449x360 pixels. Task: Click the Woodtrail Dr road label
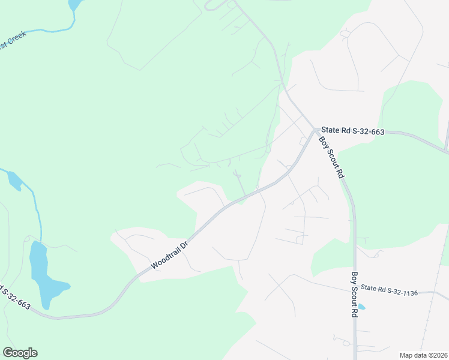pos(170,255)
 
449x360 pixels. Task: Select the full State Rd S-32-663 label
pos(352,130)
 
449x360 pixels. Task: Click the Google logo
pos(20,353)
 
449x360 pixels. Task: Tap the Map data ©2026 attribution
pos(424,355)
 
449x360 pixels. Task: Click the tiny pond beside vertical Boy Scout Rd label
pos(361,307)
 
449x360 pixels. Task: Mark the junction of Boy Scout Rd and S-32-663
pos(315,129)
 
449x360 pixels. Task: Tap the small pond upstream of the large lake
pos(14,180)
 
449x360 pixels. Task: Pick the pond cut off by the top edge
pos(74,4)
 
